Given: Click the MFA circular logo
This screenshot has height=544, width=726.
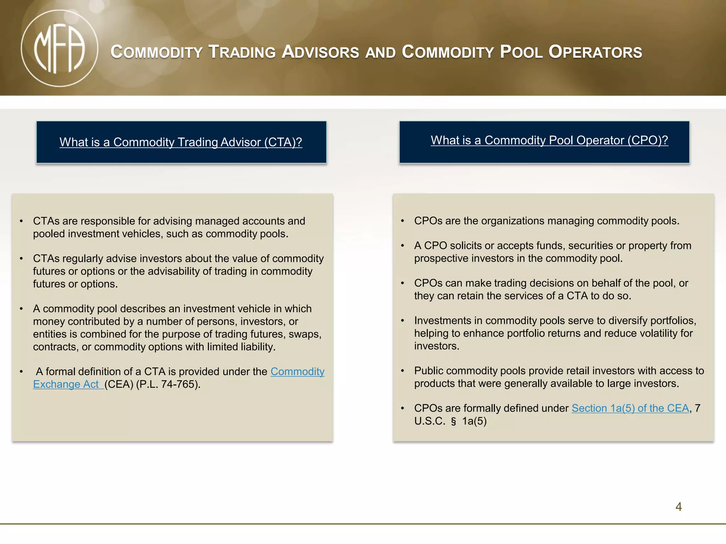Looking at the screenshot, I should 59,48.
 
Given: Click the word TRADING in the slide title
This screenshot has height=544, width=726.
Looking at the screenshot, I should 242,52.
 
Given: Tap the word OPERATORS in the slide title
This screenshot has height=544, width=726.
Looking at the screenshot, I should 595,52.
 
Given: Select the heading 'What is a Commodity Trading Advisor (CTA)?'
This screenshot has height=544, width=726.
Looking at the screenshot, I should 181,142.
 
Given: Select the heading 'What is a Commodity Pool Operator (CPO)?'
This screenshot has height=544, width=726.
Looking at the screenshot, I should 549,140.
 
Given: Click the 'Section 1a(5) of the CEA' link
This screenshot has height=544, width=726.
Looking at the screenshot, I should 630,408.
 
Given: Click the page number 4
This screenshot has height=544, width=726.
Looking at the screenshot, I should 678,507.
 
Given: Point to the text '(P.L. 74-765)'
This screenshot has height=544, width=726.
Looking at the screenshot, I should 168,384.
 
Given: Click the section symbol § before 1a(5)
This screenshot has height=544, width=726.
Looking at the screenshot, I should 453,421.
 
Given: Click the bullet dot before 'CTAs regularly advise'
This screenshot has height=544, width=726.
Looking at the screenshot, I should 22,259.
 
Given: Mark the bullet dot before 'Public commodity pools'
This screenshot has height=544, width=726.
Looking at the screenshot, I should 403,371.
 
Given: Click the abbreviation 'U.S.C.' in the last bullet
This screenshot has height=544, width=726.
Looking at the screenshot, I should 430,421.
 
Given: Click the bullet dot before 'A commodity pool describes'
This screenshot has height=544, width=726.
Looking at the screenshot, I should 22,309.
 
